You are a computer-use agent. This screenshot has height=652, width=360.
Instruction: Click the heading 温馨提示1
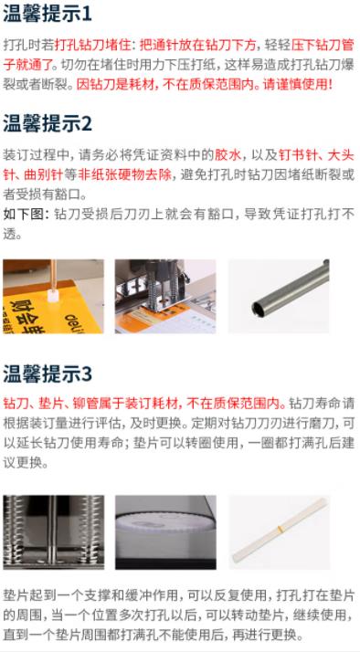47,14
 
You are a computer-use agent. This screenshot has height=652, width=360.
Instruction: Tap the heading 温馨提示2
48,123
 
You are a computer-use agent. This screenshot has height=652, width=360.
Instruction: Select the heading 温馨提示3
48,374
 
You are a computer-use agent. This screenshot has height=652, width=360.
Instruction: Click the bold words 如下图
23,215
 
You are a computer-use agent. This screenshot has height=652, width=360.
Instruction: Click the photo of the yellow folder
53,297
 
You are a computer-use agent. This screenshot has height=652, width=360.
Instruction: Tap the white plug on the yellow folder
52,295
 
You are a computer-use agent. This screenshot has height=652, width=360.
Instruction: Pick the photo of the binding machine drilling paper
165,297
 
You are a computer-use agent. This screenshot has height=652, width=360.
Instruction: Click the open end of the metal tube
258,308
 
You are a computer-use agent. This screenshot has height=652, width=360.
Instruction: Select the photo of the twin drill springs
53,532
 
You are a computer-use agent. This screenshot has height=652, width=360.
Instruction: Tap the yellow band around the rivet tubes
281,529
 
